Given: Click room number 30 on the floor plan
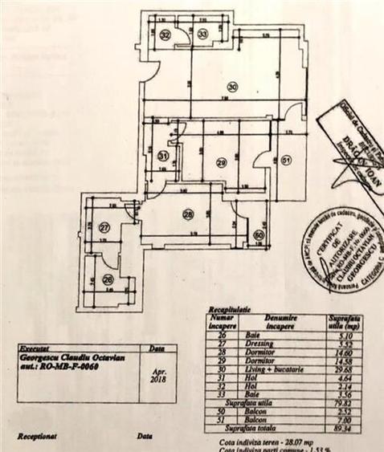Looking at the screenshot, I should coord(232,86).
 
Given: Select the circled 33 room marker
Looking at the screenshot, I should coord(202,34).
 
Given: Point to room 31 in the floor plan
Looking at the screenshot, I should coord(162,157).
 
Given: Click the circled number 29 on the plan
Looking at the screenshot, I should coord(222,162).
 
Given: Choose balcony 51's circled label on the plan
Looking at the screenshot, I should coord(287,160).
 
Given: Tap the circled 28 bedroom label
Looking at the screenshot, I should coord(188,214).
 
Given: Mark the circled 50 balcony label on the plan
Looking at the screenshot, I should coord(258,235).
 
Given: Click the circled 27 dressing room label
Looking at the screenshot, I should coord(104,228).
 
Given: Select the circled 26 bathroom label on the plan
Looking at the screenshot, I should coord(108,280).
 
